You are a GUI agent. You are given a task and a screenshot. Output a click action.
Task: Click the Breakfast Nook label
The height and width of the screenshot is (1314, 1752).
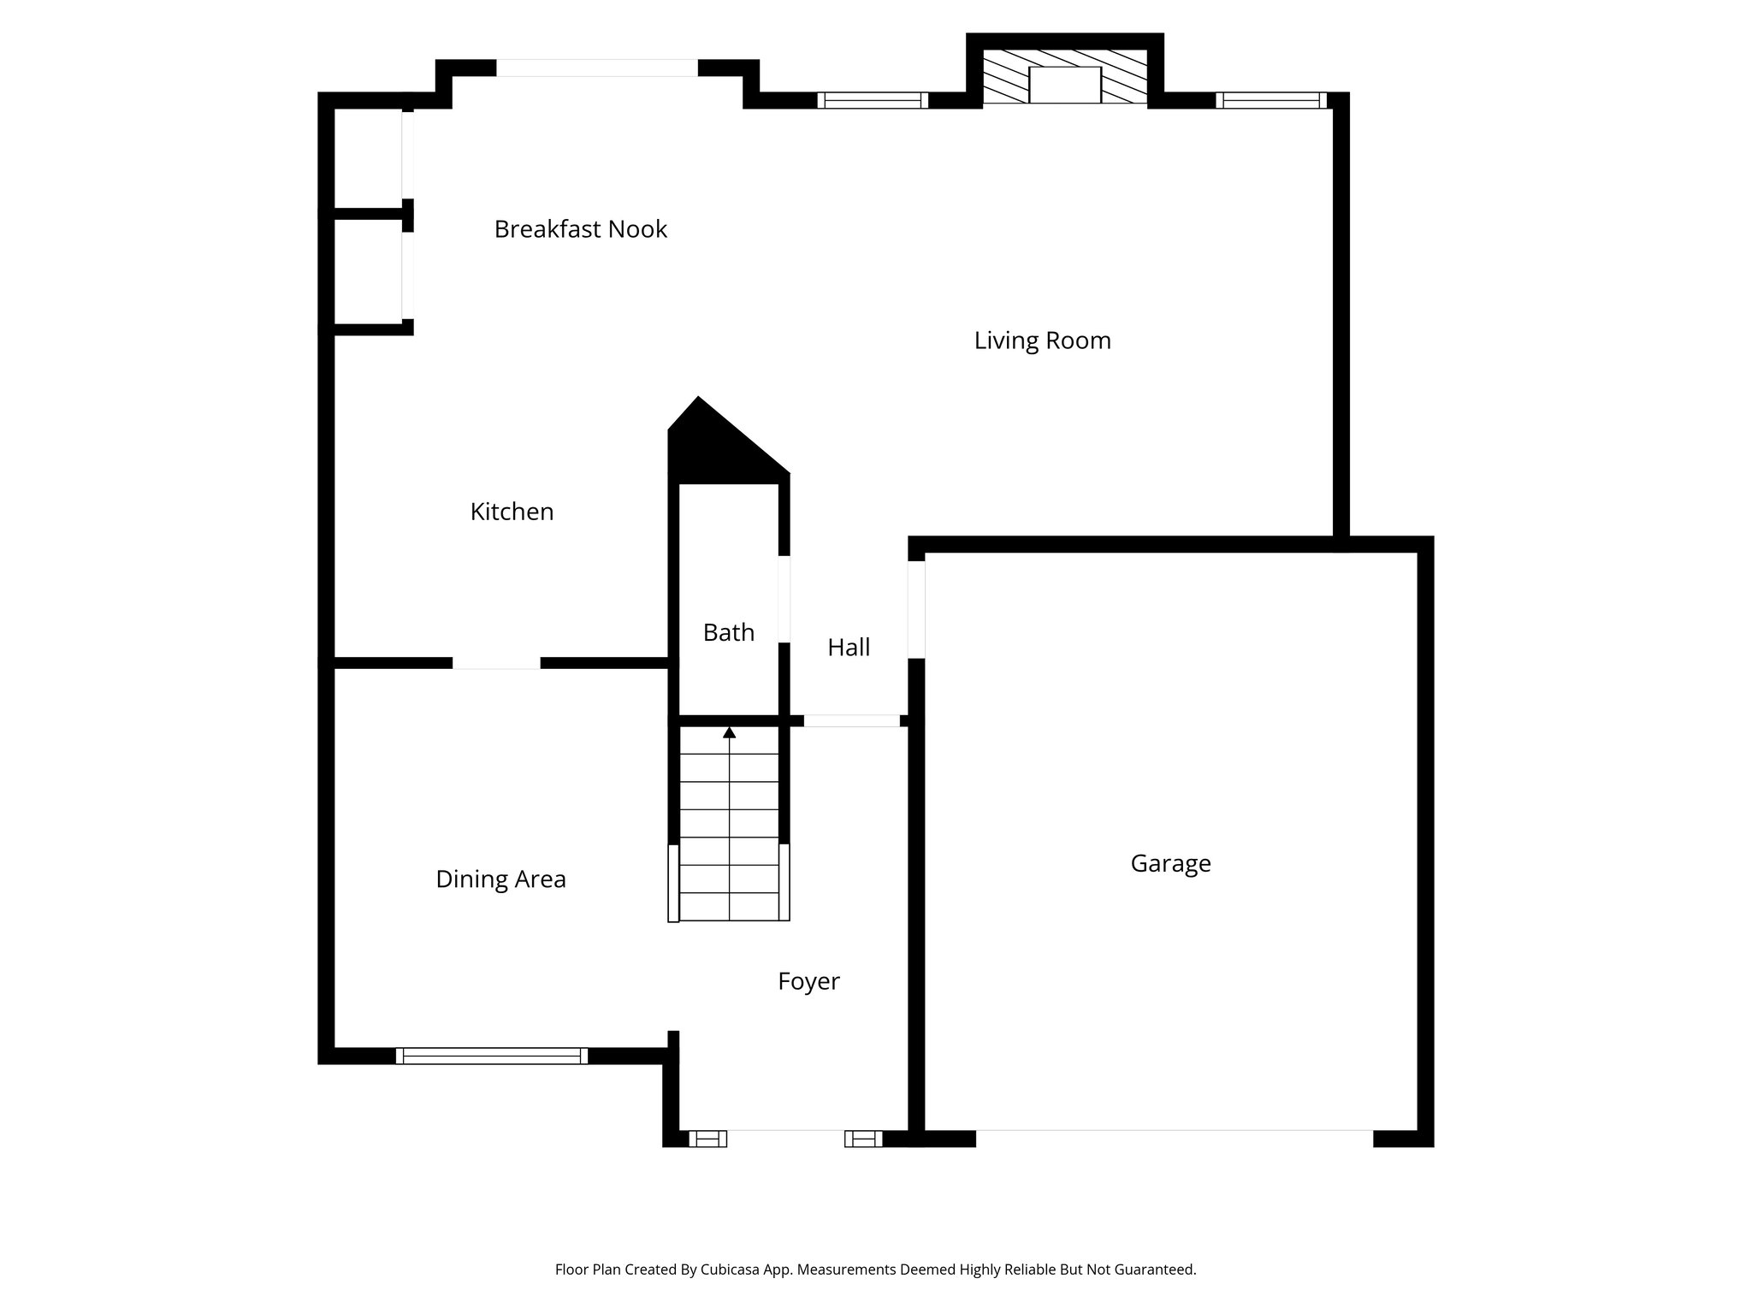pyautogui.click(x=580, y=229)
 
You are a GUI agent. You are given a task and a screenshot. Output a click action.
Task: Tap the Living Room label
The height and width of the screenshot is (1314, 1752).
pyautogui.click(x=1042, y=340)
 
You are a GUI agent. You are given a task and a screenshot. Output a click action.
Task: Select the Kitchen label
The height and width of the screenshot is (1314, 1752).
pyautogui.click(x=512, y=512)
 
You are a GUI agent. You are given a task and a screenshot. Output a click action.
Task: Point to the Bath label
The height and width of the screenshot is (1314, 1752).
pyautogui.click(x=728, y=632)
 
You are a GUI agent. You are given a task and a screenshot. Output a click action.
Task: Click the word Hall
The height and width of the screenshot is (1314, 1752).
pyautogui.click(x=849, y=648)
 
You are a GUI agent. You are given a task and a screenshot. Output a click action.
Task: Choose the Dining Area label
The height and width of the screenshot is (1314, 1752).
pyautogui.click(x=500, y=879)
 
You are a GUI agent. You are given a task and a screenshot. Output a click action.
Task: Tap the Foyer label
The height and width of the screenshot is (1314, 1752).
pyautogui.click(x=808, y=981)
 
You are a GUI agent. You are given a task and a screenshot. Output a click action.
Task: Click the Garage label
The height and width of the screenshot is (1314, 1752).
pyautogui.click(x=1170, y=863)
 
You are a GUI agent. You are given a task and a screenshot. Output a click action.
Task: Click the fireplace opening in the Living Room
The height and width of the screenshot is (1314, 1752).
pyautogui.click(x=1064, y=85)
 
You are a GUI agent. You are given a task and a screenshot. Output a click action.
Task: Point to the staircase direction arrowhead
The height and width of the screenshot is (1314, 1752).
pyautogui.click(x=729, y=732)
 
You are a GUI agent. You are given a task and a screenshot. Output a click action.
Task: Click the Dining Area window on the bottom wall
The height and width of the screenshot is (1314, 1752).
pyautogui.click(x=492, y=1056)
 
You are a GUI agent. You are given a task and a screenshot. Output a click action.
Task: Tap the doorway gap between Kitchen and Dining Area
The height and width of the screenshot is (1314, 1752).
pyautogui.click(x=496, y=663)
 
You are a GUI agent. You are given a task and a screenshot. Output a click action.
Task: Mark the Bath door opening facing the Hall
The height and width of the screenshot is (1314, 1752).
pyautogui.click(x=784, y=599)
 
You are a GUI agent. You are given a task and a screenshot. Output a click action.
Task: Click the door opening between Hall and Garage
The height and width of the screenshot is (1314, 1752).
pyautogui.click(x=916, y=609)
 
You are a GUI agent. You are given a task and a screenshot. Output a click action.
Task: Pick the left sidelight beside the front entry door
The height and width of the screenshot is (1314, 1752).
pyautogui.click(x=707, y=1139)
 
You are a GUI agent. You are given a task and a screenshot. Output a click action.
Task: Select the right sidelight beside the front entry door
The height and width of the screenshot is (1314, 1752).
pyautogui.click(x=863, y=1139)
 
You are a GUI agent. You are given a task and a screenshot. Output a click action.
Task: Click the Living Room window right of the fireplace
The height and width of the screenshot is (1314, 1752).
pyautogui.click(x=1271, y=100)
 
